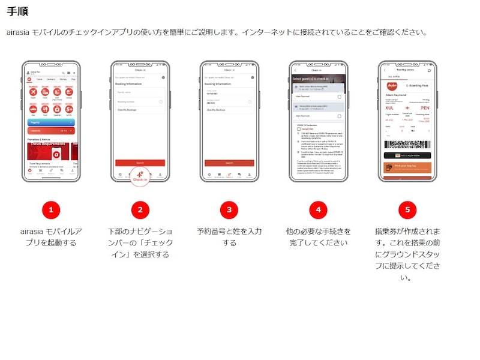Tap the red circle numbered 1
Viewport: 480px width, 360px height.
[51, 209]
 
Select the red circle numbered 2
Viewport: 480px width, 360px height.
[140, 209]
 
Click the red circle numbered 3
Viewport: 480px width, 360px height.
[229, 209]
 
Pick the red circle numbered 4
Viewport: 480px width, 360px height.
[318, 209]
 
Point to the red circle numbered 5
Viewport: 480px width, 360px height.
[407, 209]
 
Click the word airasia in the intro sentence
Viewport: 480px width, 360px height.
[17, 32]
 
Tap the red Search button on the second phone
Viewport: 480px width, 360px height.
[140, 163]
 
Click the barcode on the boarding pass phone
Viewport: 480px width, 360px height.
[407, 145]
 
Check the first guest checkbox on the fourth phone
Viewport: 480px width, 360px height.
[339, 97]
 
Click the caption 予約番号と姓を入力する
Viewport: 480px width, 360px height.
[229, 236]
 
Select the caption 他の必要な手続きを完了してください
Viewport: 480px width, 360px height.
[318, 236]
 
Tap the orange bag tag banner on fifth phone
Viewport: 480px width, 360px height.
[407, 166]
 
